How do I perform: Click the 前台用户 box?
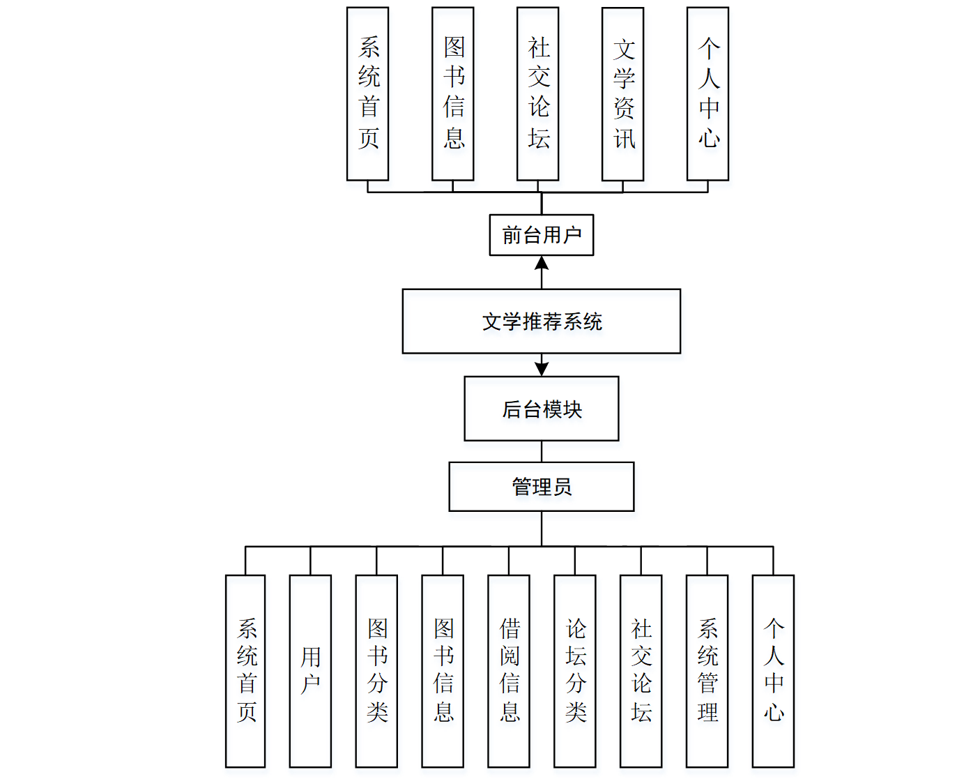coord(542,235)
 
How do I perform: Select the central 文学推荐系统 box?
coord(542,322)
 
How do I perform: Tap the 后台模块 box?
coord(542,409)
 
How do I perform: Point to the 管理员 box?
coord(542,487)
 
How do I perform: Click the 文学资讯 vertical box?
coord(623,94)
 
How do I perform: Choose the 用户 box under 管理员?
coord(310,671)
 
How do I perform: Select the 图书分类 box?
coord(376,671)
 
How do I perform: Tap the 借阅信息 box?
coord(509,671)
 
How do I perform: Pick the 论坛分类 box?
coord(575,671)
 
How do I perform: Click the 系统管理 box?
coord(707,671)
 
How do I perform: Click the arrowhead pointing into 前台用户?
coord(542,264)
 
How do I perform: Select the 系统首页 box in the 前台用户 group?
coord(368,94)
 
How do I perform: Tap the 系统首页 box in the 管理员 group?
coord(245,671)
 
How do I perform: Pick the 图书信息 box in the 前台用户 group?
coord(453,94)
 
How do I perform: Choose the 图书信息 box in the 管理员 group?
coord(443,671)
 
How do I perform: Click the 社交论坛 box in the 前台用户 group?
coord(538,94)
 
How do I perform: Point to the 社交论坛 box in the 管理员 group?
coord(641,671)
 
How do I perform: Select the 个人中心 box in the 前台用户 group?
coord(708,94)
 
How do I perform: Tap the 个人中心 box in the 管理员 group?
coord(774,671)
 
